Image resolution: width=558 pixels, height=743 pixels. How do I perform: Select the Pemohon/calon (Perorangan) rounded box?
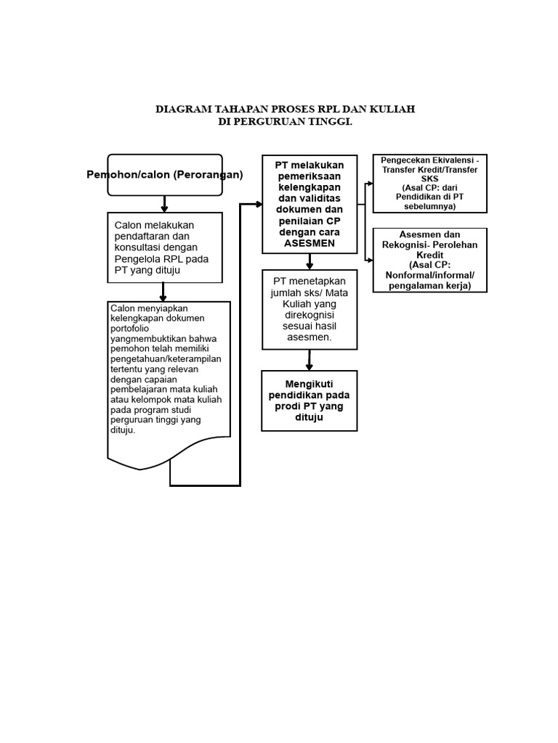pyautogui.click(x=165, y=175)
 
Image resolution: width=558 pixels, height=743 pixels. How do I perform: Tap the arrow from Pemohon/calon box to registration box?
pyautogui.click(x=164, y=205)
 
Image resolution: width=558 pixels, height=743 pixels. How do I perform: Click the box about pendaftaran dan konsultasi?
pyautogui.click(x=165, y=247)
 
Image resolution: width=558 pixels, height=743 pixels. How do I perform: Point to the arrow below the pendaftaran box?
pyautogui.click(x=163, y=292)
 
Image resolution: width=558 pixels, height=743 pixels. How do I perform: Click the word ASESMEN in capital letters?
pyautogui.click(x=310, y=243)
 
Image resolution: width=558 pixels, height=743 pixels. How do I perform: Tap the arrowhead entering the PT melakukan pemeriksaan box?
pyautogui.click(x=258, y=205)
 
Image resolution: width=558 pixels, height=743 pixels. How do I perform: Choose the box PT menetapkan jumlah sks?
pyautogui.click(x=310, y=309)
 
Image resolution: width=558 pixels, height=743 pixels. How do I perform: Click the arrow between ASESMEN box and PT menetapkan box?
pyautogui.click(x=310, y=262)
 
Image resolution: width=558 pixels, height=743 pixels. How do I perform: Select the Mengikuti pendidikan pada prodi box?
pyautogui.click(x=310, y=401)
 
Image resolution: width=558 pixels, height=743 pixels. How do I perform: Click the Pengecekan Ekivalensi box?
pyautogui.click(x=429, y=183)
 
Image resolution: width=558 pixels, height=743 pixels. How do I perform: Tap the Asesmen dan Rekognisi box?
pyautogui.click(x=429, y=260)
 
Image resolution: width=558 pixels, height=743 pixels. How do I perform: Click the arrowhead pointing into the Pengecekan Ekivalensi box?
pyautogui.click(x=370, y=184)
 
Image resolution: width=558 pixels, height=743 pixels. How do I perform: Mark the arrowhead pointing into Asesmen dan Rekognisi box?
pyautogui.click(x=370, y=260)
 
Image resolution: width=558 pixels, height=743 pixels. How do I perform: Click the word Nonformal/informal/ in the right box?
pyautogui.click(x=429, y=275)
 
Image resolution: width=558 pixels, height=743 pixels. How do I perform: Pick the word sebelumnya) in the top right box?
pyautogui.click(x=429, y=206)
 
